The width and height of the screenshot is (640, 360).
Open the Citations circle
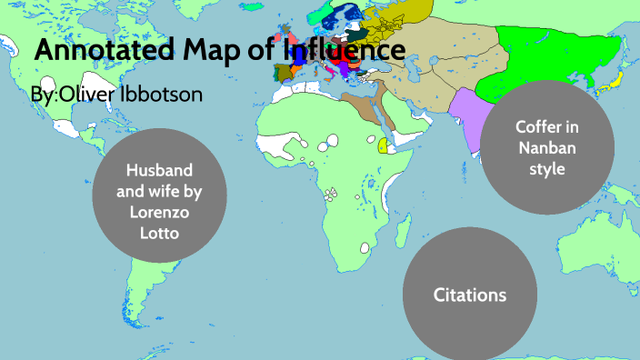[469, 295]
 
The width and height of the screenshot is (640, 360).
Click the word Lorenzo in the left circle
[160, 215]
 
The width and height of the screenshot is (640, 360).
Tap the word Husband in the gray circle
[160, 170]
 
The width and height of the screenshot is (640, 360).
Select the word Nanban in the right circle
[546, 148]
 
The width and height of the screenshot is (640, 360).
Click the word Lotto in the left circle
[160, 232]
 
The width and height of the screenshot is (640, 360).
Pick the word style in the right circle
[546, 169]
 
